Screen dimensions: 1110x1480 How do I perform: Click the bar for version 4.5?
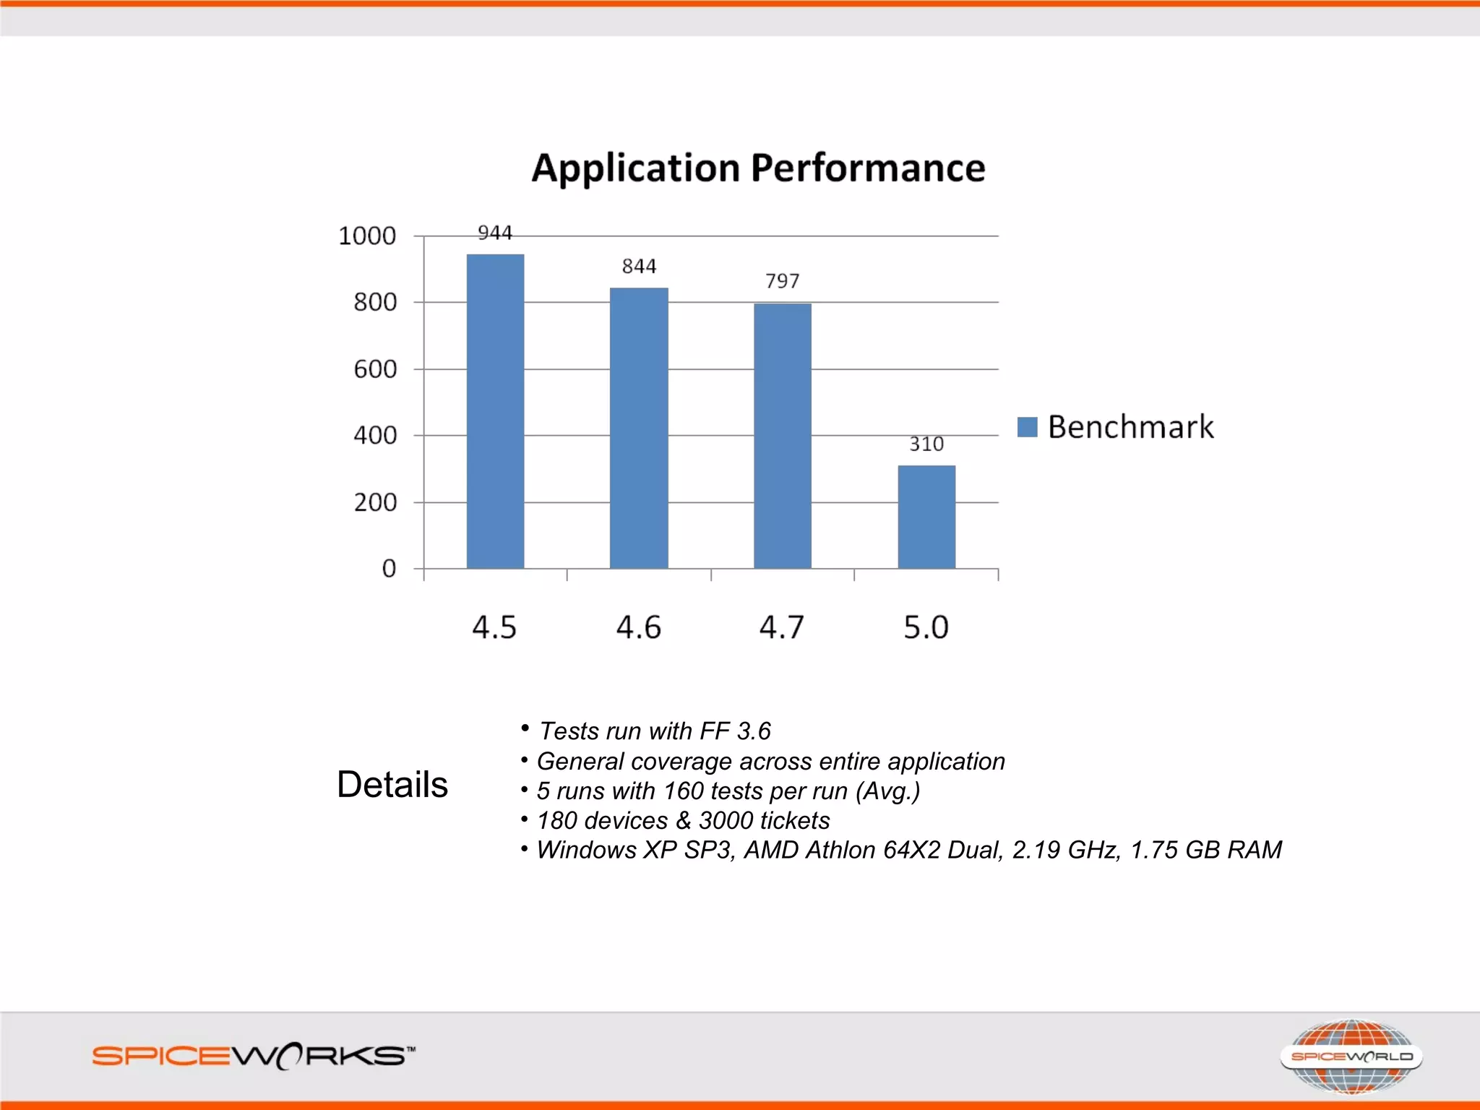495,412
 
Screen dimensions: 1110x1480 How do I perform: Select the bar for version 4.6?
639,428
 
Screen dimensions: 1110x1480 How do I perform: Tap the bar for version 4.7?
783,436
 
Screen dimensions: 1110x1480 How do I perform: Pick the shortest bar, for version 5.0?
926,517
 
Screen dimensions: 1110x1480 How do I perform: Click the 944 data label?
495,233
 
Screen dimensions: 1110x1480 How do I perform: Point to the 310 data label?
926,444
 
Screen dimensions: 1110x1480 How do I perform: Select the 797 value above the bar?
783,280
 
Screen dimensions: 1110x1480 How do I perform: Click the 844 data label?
639,266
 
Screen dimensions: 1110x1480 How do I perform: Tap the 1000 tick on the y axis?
367,236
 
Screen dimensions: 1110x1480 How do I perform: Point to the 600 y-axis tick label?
375,369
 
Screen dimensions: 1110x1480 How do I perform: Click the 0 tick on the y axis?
389,569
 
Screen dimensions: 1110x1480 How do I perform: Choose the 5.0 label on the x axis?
926,627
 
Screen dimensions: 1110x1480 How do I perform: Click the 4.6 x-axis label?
638,627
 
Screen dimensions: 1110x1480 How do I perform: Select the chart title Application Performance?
758,168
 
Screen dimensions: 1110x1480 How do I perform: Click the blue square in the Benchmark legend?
1027,427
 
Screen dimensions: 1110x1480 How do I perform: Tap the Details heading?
392,785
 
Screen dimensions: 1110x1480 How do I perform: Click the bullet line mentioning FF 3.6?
655,731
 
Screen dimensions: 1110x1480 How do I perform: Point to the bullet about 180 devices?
683,821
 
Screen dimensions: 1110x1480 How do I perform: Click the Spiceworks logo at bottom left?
253,1057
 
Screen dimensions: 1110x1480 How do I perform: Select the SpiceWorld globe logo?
1351,1057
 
